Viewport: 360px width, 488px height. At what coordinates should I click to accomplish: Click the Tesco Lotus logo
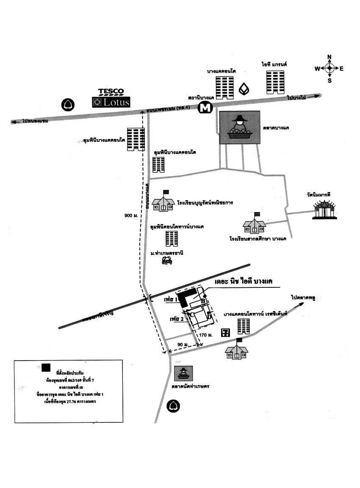point(111,98)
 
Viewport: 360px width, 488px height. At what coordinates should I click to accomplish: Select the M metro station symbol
point(205,108)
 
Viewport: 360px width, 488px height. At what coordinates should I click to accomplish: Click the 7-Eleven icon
point(225,332)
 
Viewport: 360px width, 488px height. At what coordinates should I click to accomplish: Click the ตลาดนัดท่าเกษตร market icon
point(184,373)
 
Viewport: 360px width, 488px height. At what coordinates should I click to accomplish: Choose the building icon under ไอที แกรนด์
point(275,83)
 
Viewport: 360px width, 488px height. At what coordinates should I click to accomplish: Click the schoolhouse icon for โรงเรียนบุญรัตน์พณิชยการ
point(163,201)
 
